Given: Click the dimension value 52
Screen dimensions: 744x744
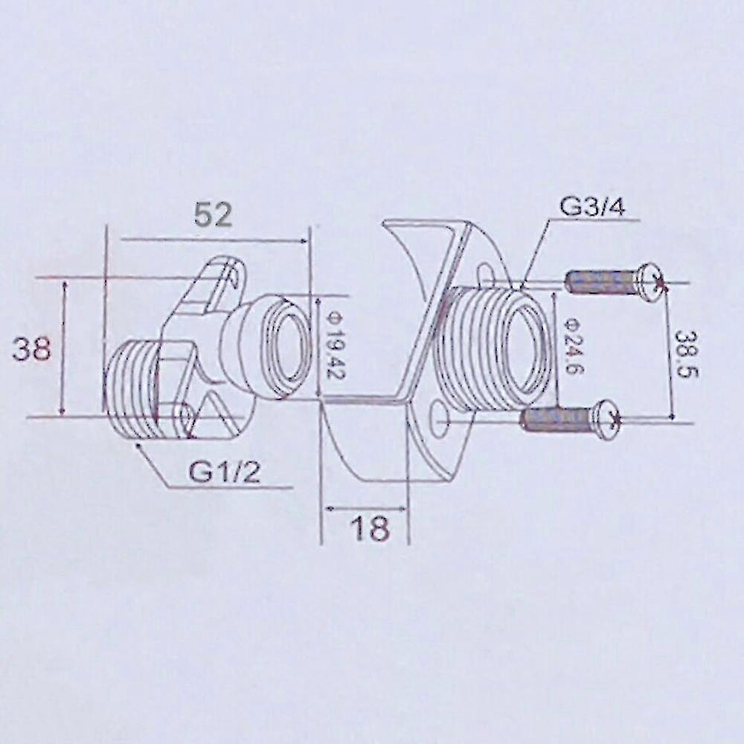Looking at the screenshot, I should (x=214, y=214).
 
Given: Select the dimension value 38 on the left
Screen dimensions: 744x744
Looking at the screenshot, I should (x=32, y=347).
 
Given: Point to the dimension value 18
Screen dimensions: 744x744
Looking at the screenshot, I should (x=370, y=528).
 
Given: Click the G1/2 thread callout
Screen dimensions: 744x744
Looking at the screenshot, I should (x=224, y=471).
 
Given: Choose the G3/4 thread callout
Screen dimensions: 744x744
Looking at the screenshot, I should (x=592, y=206).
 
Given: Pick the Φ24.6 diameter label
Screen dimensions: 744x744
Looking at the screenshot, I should (x=571, y=347).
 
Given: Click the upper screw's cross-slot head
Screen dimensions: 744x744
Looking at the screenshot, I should (x=650, y=282).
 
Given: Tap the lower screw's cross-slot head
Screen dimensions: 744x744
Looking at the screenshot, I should (x=608, y=419).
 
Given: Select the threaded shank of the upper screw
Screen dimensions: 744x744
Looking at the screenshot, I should (x=600, y=282).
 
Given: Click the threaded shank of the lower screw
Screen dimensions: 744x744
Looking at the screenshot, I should (x=557, y=420).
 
